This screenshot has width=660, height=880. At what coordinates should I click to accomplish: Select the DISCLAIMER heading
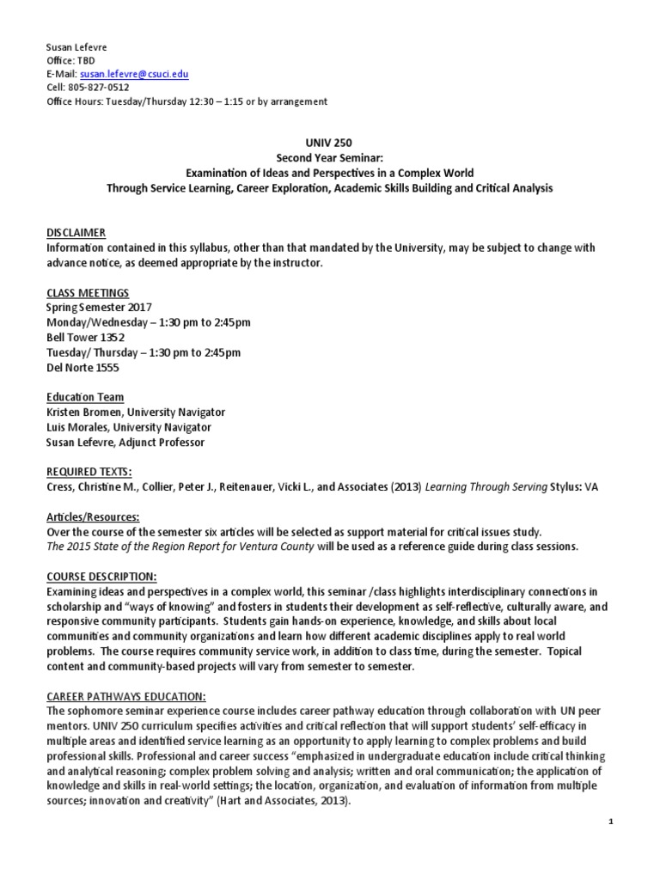coord(76,233)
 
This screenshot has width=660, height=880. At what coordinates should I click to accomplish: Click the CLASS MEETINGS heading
coord(88,293)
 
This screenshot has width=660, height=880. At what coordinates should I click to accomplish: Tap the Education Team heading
coord(84,397)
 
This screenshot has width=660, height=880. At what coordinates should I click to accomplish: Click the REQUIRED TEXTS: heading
coord(89,472)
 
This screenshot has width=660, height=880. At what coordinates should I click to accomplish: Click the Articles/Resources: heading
coord(94,517)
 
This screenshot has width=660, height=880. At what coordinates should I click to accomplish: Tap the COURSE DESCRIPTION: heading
coord(101,577)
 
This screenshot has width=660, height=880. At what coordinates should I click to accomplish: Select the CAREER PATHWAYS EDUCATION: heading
coord(126,696)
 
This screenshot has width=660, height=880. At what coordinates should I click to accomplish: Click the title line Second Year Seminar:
coord(329,159)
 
